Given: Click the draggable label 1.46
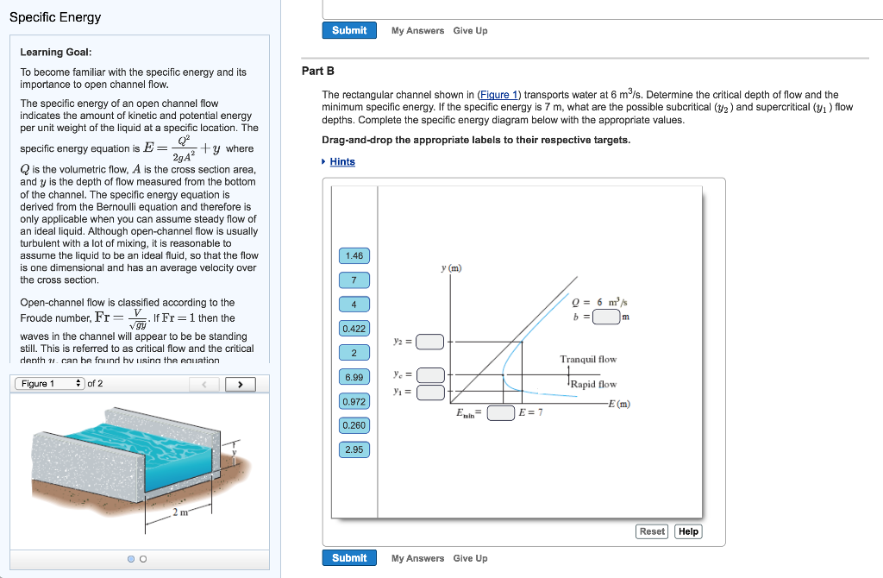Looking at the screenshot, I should pyautogui.click(x=354, y=256).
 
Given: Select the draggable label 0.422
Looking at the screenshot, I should pyautogui.click(x=354, y=329).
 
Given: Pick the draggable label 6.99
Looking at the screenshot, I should pyautogui.click(x=354, y=377).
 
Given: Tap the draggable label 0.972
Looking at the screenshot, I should pyautogui.click(x=354, y=401).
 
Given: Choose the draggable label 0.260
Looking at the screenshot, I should pyautogui.click(x=354, y=425).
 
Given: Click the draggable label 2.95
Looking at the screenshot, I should pyautogui.click(x=354, y=449).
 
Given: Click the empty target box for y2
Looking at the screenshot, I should pyautogui.click(x=430, y=342).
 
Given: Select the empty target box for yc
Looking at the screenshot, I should pyautogui.click(x=430, y=375).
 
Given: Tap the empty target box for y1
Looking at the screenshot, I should pyautogui.click(x=430, y=393).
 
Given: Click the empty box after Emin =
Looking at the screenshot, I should pyautogui.click(x=500, y=412).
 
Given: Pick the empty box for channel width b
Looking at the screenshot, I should pyautogui.click(x=606, y=316).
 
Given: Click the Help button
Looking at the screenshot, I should pyautogui.click(x=688, y=531).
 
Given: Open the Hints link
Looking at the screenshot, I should pyautogui.click(x=342, y=162).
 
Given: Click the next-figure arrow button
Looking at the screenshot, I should pyautogui.click(x=240, y=384).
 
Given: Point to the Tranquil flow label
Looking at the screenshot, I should pyautogui.click(x=588, y=360).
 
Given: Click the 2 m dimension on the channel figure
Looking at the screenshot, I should pyautogui.click(x=179, y=513).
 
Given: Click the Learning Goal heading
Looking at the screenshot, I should pyautogui.click(x=56, y=53).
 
